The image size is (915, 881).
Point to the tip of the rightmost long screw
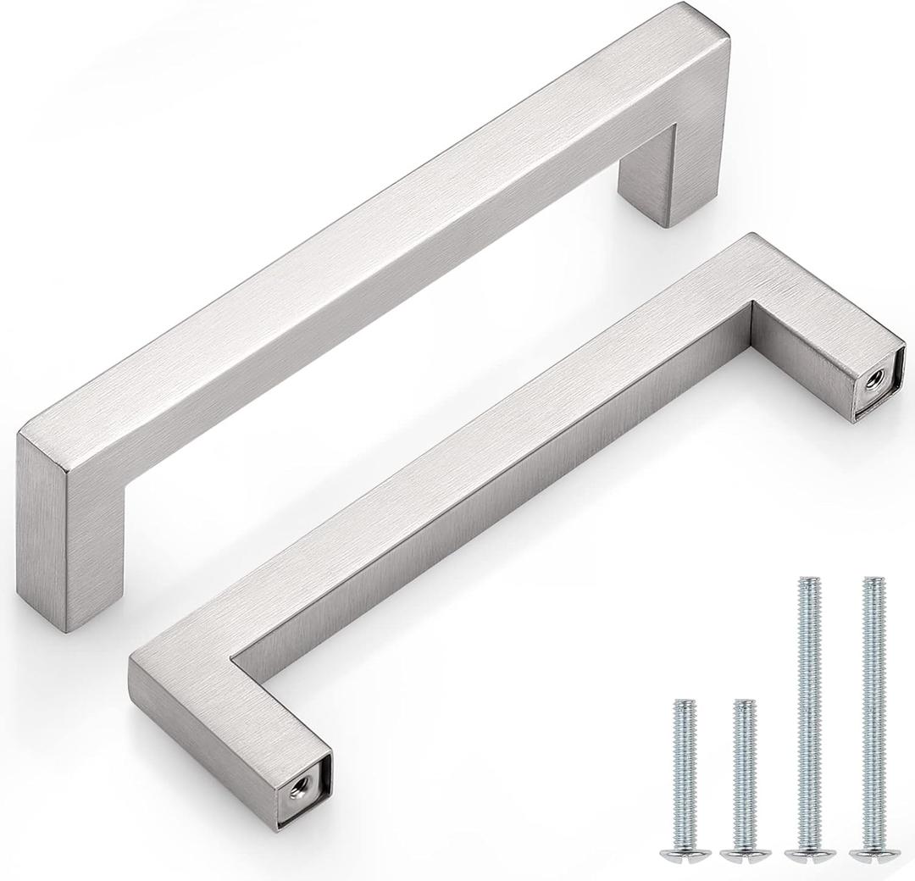[x=870, y=583]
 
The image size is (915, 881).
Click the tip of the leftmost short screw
[x=683, y=704]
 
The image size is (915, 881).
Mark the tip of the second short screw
[x=743, y=704]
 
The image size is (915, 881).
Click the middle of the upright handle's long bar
[x=373, y=254]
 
